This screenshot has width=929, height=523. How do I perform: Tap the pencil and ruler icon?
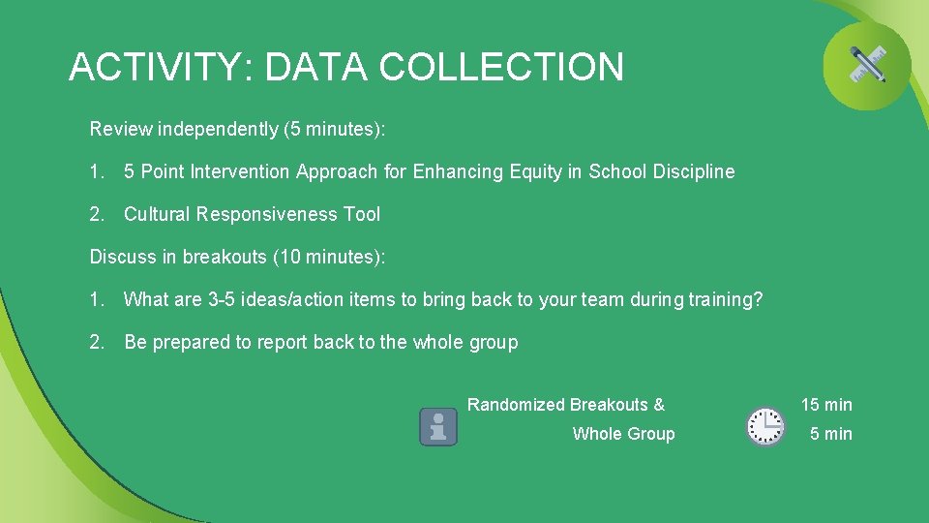pos(867,65)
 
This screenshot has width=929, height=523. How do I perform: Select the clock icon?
pos(765,426)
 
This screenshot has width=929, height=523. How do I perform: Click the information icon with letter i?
pos(438,426)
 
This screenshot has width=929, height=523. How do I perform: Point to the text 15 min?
pos(825,405)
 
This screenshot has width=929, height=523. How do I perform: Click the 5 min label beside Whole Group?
pos(830,434)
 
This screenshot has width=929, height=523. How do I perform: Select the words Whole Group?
pos(623,434)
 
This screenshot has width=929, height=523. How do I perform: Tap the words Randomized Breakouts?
pos(558,405)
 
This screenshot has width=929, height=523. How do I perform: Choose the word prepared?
pos(193,343)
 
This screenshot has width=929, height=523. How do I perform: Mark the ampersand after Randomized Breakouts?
pos(659,405)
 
